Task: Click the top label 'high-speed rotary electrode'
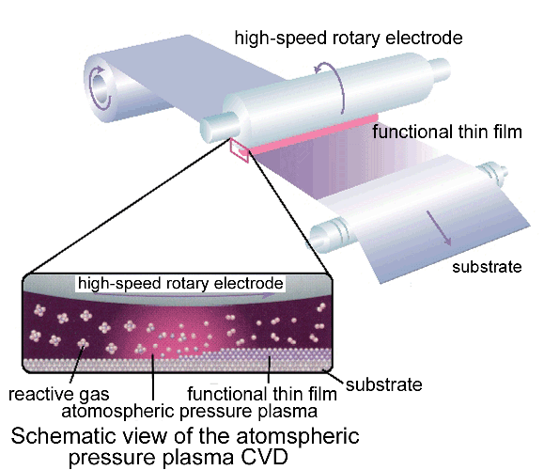point(349,38)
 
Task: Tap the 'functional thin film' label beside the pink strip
point(447,132)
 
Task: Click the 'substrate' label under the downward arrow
point(487,267)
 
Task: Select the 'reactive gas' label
point(58,395)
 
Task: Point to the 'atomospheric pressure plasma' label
point(190,412)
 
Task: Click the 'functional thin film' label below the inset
point(262,394)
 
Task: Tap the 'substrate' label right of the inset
point(384,384)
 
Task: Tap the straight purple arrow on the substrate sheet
point(439,228)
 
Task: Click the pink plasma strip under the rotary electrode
point(312,134)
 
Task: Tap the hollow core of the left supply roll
point(100,87)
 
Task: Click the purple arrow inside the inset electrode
point(184,295)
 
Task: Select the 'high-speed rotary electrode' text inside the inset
point(180,283)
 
